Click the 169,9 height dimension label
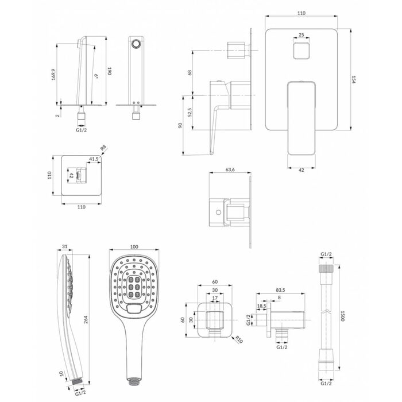coord(53,74)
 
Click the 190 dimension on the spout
coord(110,71)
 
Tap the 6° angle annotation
coord(96,76)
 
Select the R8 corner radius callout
coord(103,148)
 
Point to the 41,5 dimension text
coord(94,159)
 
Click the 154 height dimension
coord(354,79)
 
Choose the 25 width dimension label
coord(301,34)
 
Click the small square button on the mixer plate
coord(301,51)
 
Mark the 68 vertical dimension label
coord(190,72)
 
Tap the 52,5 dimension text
coord(190,113)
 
